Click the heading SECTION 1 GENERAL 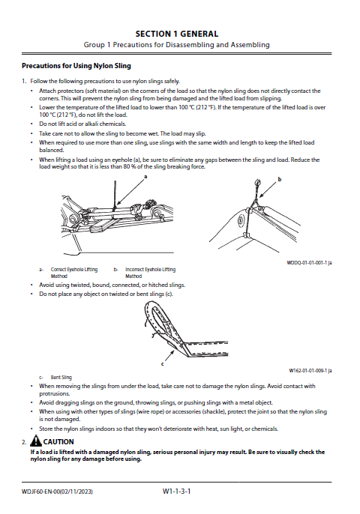click(x=177, y=34)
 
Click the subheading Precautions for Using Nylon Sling click(x=76, y=66)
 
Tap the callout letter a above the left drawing click(x=145, y=177)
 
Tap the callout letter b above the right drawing click(x=280, y=179)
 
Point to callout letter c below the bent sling click(x=163, y=364)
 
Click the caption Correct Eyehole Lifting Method click(x=74, y=273)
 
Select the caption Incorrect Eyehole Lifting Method click(x=150, y=273)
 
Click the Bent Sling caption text click(x=61, y=378)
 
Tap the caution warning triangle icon click(x=36, y=441)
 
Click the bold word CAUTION click(x=58, y=442)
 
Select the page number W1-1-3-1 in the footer click(x=176, y=491)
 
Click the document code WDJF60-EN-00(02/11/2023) click(x=57, y=492)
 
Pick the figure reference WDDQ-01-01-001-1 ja click(x=309, y=262)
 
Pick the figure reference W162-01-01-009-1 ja click(x=310, y=371)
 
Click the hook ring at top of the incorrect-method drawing click(x=258, y=181)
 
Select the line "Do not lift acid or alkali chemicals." click(x=82, y=124)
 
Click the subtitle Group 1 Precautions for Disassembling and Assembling click(x=176, y=45)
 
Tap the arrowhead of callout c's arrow click(x=173, y=351)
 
